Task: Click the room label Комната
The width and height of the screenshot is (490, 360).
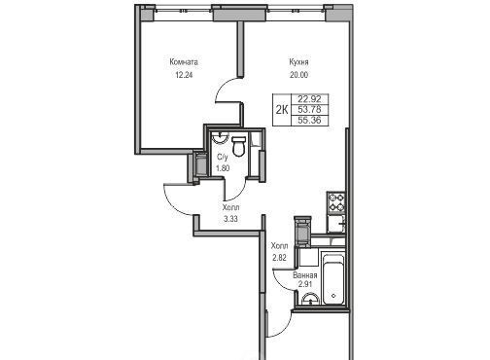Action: click(x=184, y=62)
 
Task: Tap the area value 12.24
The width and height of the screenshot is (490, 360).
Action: click(x=184, y=75)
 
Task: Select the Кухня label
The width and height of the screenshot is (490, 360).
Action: click(x=298, y=61)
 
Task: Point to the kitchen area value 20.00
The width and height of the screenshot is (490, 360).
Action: click(x=298, y=75)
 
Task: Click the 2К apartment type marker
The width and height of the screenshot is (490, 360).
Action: click(x=282, y=110)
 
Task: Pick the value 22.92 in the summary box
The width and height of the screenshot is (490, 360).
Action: click(x=309, y=98)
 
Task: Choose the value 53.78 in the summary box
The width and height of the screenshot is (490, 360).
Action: click(x=309, y=110)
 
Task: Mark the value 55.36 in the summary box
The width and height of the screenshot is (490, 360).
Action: click(x=309, y=121)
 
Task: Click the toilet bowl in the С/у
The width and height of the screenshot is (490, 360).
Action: click(x=239, y=147)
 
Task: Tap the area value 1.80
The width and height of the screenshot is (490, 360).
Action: click(x=223, y=168)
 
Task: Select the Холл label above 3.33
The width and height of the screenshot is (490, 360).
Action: click(x=231, y=207)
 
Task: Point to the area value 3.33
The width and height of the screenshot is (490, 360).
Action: click(x=230, y=219)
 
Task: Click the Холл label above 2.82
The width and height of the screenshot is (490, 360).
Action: click(x=279, y=245)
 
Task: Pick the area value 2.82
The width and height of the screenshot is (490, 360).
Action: click(x=279, y=258)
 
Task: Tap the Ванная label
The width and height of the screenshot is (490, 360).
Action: click(x=305, y=275)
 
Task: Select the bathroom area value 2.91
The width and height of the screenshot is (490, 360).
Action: click(x=305, y=285)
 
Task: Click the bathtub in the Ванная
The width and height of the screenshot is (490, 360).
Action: click(x=333, y=279)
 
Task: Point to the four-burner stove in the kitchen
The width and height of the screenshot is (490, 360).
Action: click(x=336, y=202)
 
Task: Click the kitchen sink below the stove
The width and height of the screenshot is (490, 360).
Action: click(x=336, y=223)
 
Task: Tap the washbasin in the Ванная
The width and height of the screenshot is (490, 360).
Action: click(x=311, y=300)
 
